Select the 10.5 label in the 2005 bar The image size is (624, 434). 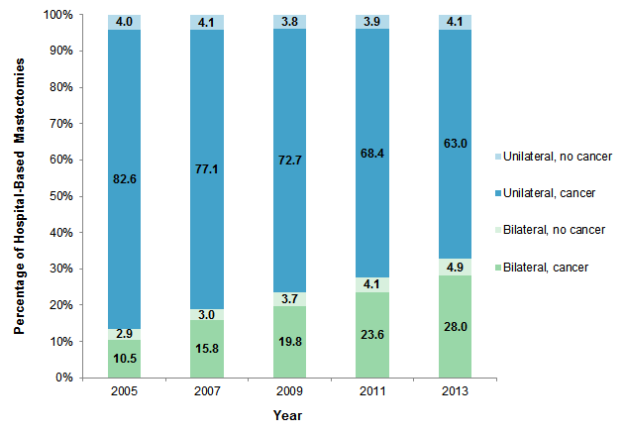coord(125,359)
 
